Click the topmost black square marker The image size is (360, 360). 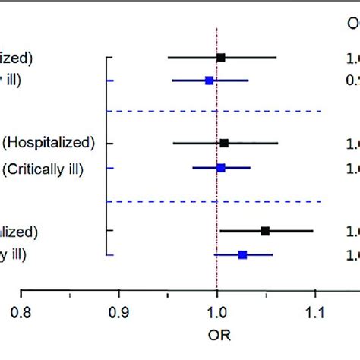click(x=220, y=57)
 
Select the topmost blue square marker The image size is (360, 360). click(x=209, y=80)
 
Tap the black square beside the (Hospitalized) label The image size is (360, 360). click(x=223, y=143)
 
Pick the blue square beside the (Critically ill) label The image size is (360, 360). click(x=220, y=167)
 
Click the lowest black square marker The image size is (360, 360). click(x=265, y=231)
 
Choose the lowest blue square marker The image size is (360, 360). click(x=242, y=255)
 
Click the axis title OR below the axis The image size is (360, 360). click(x=217, y=334)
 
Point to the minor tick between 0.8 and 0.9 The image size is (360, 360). click(x=70, y=291)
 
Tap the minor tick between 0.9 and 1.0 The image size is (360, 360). click(x=168, y=291)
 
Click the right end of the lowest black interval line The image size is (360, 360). click(x=312, y=231)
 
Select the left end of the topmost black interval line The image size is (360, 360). click(x=168, y=57)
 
